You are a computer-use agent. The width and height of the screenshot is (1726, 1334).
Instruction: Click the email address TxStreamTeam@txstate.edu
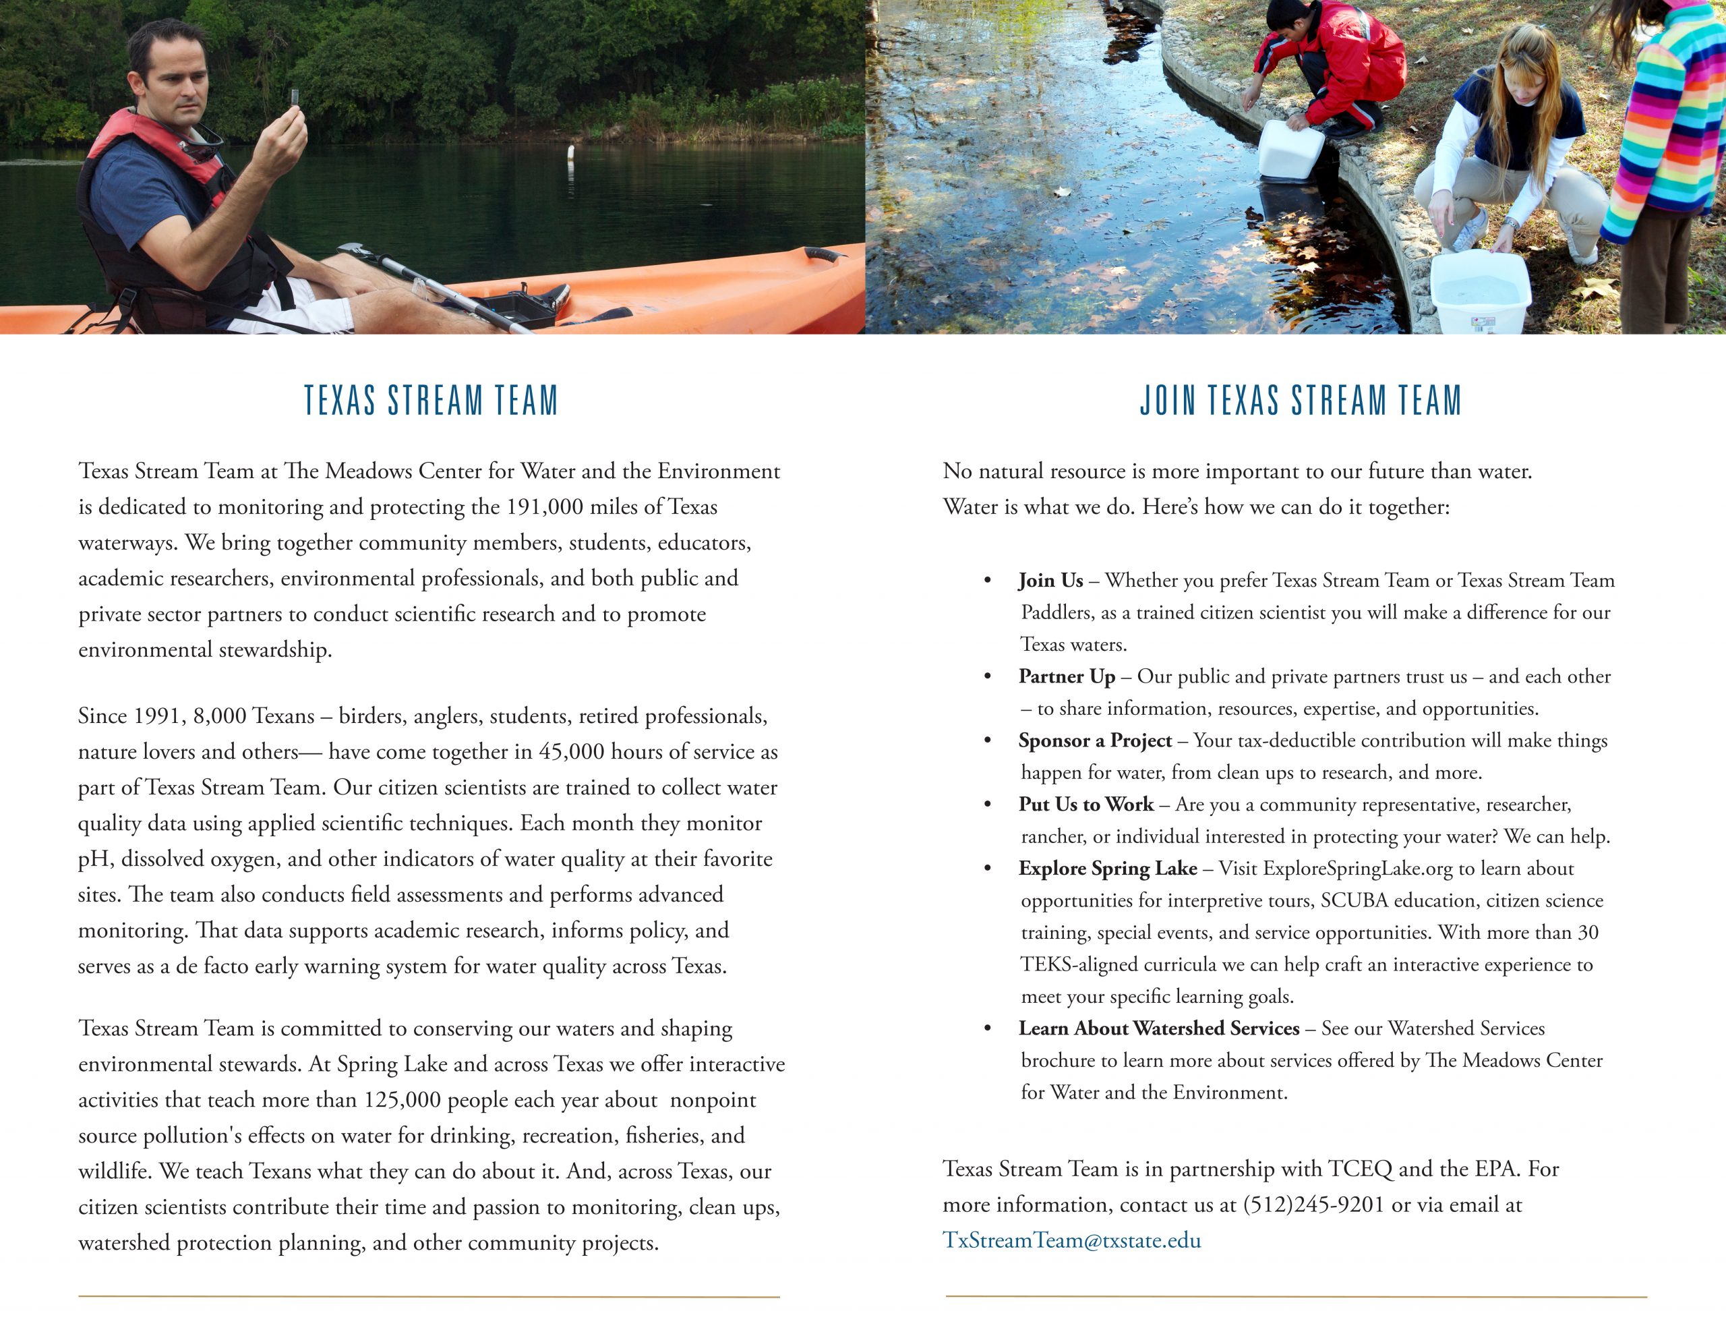(1071, 1240)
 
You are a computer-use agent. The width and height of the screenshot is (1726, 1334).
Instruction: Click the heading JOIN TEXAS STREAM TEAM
(1300, 400)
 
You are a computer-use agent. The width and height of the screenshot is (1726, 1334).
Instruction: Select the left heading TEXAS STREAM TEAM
(431, 400)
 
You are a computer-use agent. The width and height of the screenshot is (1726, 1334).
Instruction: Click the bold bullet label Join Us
(1050, 581)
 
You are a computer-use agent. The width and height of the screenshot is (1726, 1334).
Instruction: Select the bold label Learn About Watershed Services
(1158, 1028)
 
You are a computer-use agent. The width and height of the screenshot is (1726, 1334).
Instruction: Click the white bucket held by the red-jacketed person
(1290, 150)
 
